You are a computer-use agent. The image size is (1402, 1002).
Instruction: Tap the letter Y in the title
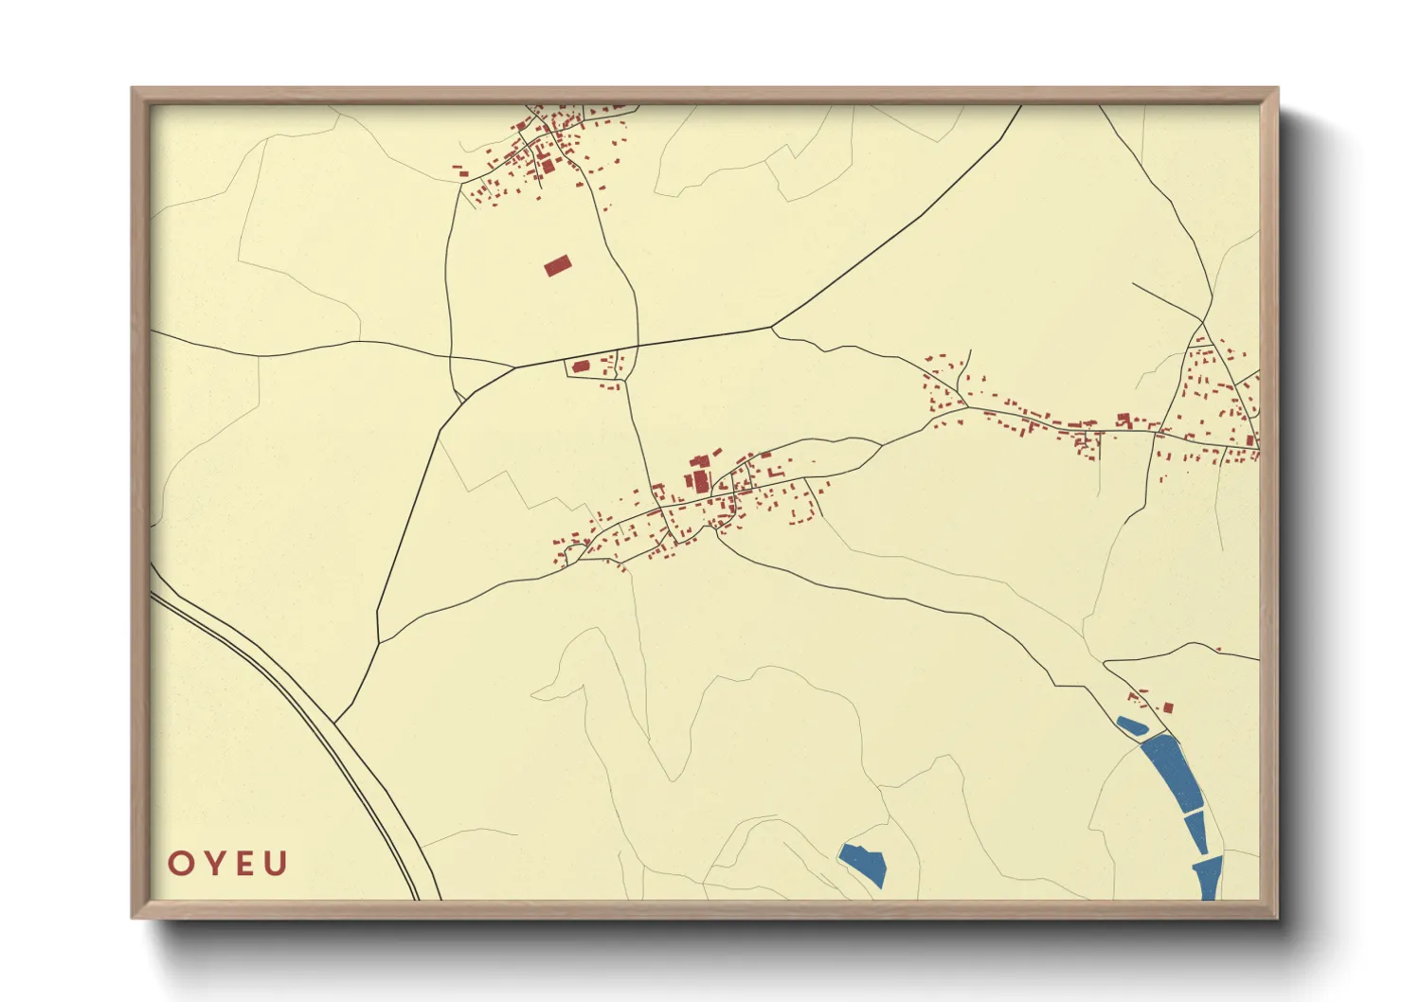click(214, 864)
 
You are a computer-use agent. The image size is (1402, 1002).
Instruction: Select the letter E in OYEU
click(245, 864)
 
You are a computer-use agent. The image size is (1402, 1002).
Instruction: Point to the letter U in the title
click(276, 864)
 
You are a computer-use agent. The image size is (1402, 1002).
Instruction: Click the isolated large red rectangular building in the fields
click(558, 265)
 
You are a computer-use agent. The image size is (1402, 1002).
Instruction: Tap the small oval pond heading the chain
click(1132, 726)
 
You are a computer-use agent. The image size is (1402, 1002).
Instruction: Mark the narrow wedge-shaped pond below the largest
click(1196, 832)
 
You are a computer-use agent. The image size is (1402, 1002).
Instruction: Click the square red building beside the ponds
click(1168, 707)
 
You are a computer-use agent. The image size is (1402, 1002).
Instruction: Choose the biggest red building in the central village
click(701, 480)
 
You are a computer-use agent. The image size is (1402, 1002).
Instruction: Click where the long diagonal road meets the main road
click(772, 328)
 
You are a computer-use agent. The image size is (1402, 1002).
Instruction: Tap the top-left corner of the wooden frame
click(133, 89)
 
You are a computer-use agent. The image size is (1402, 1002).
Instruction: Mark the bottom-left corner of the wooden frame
click(133, 917)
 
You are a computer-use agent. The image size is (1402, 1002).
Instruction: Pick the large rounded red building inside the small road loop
click(581, 366)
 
